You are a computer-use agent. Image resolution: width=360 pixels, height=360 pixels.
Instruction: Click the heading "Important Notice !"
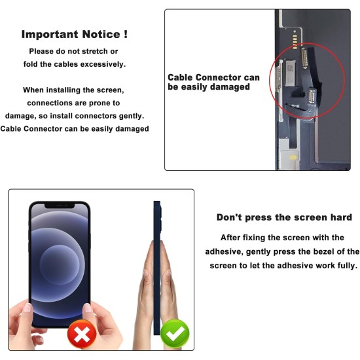[x=75, y=35]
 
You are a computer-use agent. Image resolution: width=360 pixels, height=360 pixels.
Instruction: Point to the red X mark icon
[x=82, y=334]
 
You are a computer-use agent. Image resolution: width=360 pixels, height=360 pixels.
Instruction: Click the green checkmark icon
[x=175, y=333]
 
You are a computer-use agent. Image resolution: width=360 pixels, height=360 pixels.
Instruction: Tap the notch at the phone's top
[x=60, y=206]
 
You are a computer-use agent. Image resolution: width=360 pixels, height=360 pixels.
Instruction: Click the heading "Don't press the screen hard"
[x=284, y=217]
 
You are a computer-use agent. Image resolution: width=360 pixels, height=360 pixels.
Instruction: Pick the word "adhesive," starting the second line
[x=224, y=252]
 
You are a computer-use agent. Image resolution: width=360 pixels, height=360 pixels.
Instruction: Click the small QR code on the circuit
[x=290, y=68]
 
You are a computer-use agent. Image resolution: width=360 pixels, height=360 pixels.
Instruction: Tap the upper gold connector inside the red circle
[x=304, y=58]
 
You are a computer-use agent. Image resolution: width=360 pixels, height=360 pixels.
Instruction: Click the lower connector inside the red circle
[x=312, y=96]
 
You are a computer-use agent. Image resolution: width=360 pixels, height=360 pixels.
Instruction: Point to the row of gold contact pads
[x=295, y=41]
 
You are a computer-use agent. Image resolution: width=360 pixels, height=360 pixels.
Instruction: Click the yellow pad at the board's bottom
[x=293, y=158]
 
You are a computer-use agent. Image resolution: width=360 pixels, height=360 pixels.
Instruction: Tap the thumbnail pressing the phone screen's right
[x=88, y=308]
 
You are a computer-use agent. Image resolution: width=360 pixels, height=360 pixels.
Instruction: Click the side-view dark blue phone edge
[x=157, y=268]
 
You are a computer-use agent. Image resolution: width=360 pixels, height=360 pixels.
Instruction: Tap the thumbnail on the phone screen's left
[x=28, y=308]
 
